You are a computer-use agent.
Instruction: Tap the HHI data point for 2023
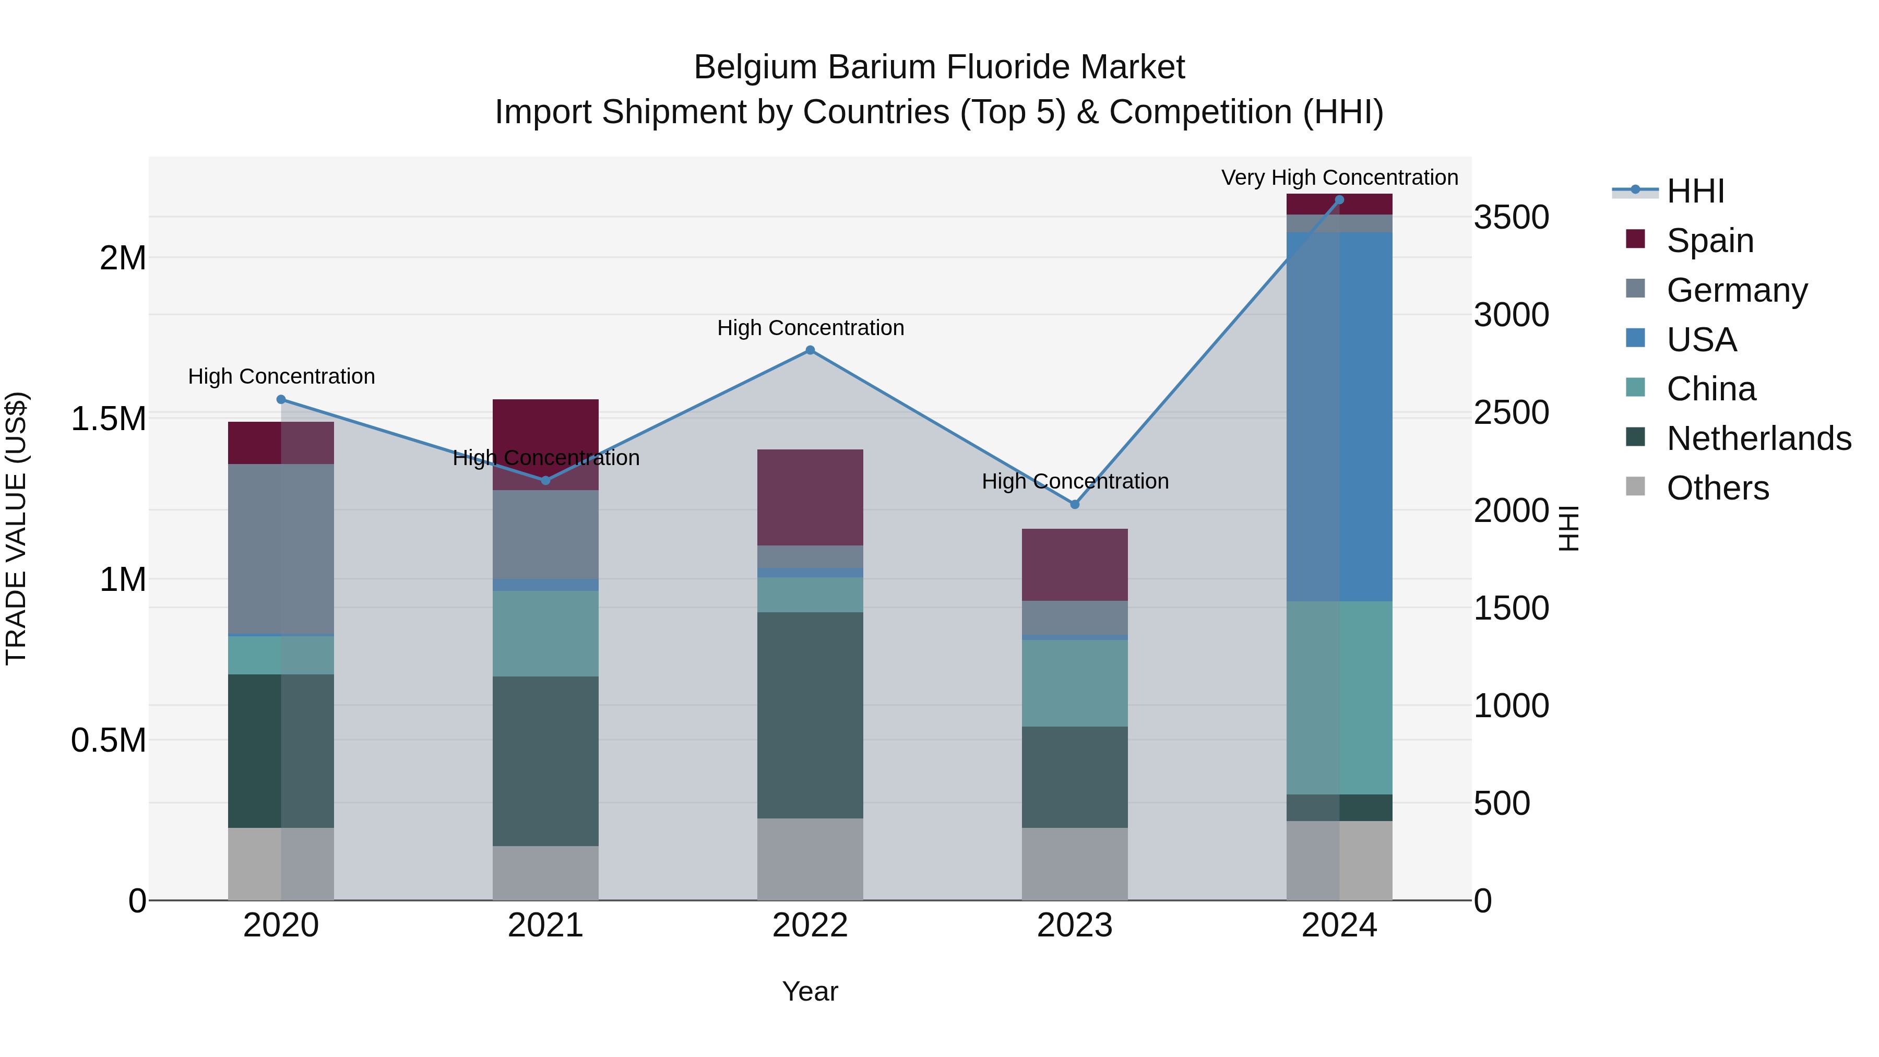tap(1075, 504)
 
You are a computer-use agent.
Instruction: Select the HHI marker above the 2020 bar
tap(281, 400)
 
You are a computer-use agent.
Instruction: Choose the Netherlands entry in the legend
tap(1758, 438)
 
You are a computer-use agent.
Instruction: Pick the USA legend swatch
tap(1636, 338)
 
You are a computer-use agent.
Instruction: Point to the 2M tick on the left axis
tap(123, 258)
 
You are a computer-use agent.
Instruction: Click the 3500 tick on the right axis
tap(1512, 217)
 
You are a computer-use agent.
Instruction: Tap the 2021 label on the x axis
tap(545, 925)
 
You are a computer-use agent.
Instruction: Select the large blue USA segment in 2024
tap(1339, 416)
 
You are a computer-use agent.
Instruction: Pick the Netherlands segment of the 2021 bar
tap(545, 761)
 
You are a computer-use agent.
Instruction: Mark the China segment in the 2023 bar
tap(1075, 683)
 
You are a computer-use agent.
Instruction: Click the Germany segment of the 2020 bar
tap(281, 549)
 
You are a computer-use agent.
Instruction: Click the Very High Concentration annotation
tap(1339, 178)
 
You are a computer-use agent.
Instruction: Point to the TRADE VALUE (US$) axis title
tap(17, 528)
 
